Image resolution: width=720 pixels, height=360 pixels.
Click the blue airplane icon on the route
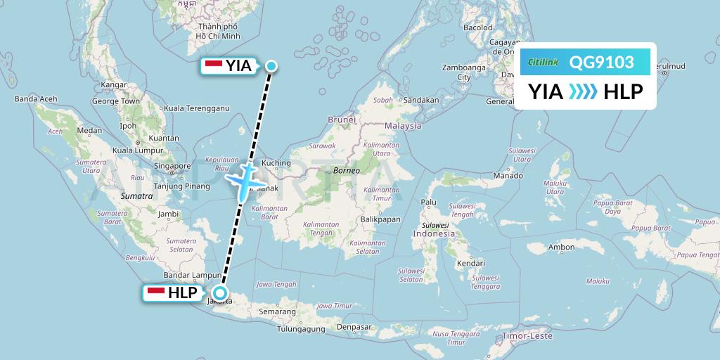click(x=244, y=180)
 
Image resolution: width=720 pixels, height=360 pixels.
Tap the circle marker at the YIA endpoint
click(x=271, y=66)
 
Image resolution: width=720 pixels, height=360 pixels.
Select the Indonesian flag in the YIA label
click(x=213, y=65)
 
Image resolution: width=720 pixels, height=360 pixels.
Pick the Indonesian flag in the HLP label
click(x=155, y=293)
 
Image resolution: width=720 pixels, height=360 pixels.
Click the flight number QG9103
click(x=602, y=63)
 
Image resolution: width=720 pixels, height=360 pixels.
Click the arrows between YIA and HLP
click(x=582, y=91)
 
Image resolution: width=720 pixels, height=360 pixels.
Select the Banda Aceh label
click(x=36, y=99)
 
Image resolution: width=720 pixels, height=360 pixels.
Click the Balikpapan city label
click(x=381, y=219)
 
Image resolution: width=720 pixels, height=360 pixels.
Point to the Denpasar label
click(x=353, y=327)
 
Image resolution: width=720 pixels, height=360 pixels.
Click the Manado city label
click(x=508, y=175)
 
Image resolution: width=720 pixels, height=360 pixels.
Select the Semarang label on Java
click(x=277, y=311)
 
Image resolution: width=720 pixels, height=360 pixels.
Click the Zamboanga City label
click(x=463, y=72)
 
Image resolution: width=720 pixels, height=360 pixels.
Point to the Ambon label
click(x=562, y=247)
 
